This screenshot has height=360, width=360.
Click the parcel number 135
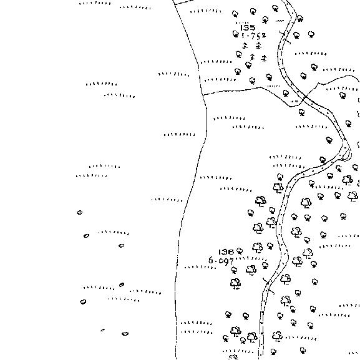click(248, 28)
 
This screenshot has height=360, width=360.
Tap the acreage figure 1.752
click(253, 36)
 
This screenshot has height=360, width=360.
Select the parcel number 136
click(226, 252)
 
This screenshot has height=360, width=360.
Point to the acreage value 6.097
click(221, 261)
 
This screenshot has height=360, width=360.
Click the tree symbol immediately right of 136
click(240, 251)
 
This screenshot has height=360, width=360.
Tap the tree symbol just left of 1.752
click(236, 34)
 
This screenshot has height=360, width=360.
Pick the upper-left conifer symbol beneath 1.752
click(245, 45)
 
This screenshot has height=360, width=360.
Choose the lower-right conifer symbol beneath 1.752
click(264, 58)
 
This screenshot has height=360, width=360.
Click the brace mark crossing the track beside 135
click(285, 37)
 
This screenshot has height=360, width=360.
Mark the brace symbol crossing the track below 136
click(268, 286)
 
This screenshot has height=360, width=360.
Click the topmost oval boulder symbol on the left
click(79, 213)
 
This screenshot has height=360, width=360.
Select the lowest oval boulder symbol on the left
click(125, 334)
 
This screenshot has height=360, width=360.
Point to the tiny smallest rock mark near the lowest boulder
click(102, 330)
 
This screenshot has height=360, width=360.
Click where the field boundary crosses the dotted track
click(305, 98)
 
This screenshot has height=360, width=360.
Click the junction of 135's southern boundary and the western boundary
click(203, 95)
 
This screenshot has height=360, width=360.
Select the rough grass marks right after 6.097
click(250, 258)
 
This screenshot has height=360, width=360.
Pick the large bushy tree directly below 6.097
click(235, 283)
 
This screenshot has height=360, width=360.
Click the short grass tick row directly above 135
click(243, 22)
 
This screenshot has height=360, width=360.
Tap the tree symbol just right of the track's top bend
click(300, 18)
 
